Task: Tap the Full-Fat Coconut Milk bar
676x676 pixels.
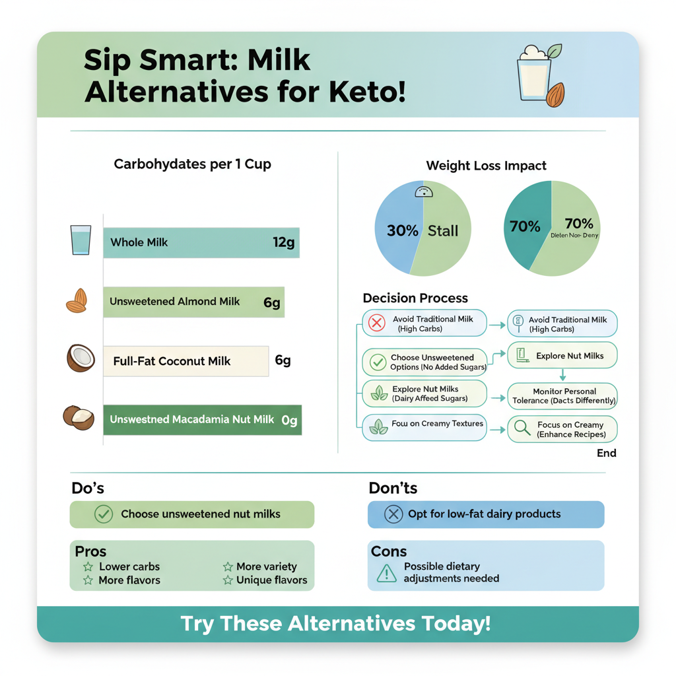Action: point(186,360)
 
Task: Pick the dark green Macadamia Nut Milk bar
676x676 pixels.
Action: point(202,419)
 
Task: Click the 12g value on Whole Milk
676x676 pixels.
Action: point(283,242)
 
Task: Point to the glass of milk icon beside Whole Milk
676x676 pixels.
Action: point(81,240)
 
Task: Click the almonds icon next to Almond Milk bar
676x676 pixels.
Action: point(77,301)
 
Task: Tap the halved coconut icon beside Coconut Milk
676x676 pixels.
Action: point(81,359)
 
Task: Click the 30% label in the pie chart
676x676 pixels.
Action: point(403,230)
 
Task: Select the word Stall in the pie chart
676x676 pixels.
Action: point(443,230)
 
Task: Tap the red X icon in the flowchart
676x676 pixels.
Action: point(377,323)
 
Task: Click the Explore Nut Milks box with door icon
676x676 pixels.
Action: point(562,356)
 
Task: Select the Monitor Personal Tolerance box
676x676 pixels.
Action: point(563,396)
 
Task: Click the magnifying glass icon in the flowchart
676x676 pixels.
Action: point(522,428)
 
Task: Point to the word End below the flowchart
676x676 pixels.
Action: point(606,453)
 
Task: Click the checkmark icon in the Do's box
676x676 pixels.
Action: point(104,514)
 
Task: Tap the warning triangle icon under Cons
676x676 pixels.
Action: point(386,573)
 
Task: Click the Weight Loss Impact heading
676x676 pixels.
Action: point(486,166)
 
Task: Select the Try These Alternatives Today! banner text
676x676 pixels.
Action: point(337,624)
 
